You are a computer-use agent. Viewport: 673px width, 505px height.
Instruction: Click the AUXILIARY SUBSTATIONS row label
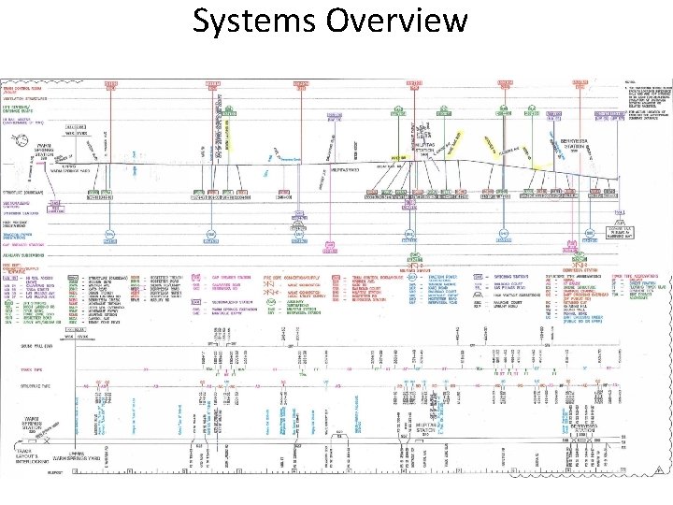[25, 254]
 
